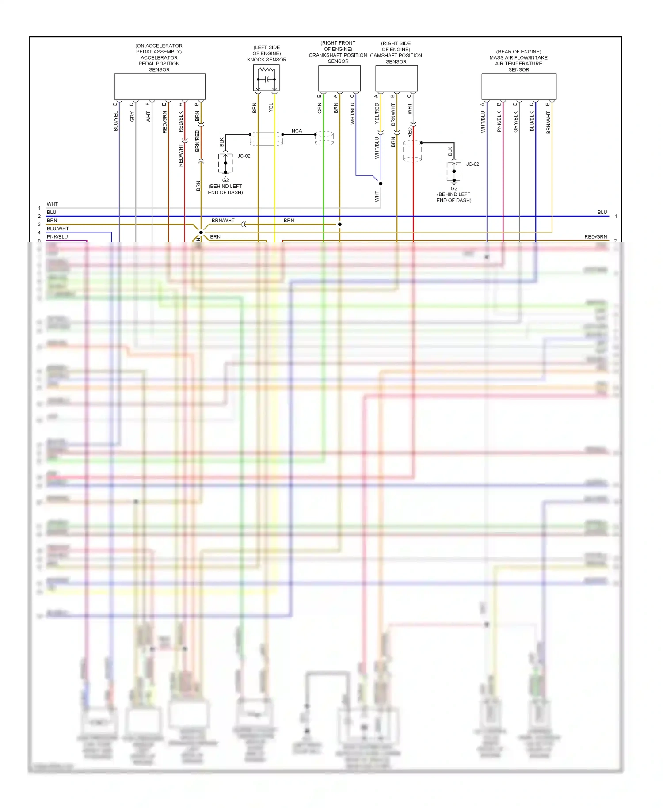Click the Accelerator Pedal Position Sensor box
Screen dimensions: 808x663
(160, 86)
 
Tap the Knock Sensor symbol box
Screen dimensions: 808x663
(266, 78)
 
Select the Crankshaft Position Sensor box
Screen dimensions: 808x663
(339, 78)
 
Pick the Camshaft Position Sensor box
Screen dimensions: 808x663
(396, 78)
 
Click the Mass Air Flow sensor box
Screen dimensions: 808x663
(518, 86)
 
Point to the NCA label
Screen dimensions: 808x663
(297, 131)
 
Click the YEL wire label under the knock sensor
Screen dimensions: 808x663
(271, 107)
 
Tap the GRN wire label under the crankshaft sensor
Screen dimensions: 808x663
(320, 108)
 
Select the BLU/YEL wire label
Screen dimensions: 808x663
(116, 121)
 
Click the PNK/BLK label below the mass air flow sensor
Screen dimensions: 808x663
(499, 122)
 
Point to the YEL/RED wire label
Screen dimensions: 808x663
(377, 113)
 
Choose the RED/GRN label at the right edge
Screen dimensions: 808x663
(595, 237)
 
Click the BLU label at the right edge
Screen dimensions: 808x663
(602, 212)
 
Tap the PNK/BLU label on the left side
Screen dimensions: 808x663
(57, 237)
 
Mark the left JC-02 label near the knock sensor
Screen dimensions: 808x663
(244, 156)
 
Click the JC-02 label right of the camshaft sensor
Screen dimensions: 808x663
(472, 164)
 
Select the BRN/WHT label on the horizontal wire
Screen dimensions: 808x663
(223, 220)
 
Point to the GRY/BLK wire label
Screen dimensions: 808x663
(516, 122)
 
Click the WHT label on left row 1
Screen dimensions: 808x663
(52, 204)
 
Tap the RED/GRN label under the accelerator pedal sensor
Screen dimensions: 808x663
(165, 122)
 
